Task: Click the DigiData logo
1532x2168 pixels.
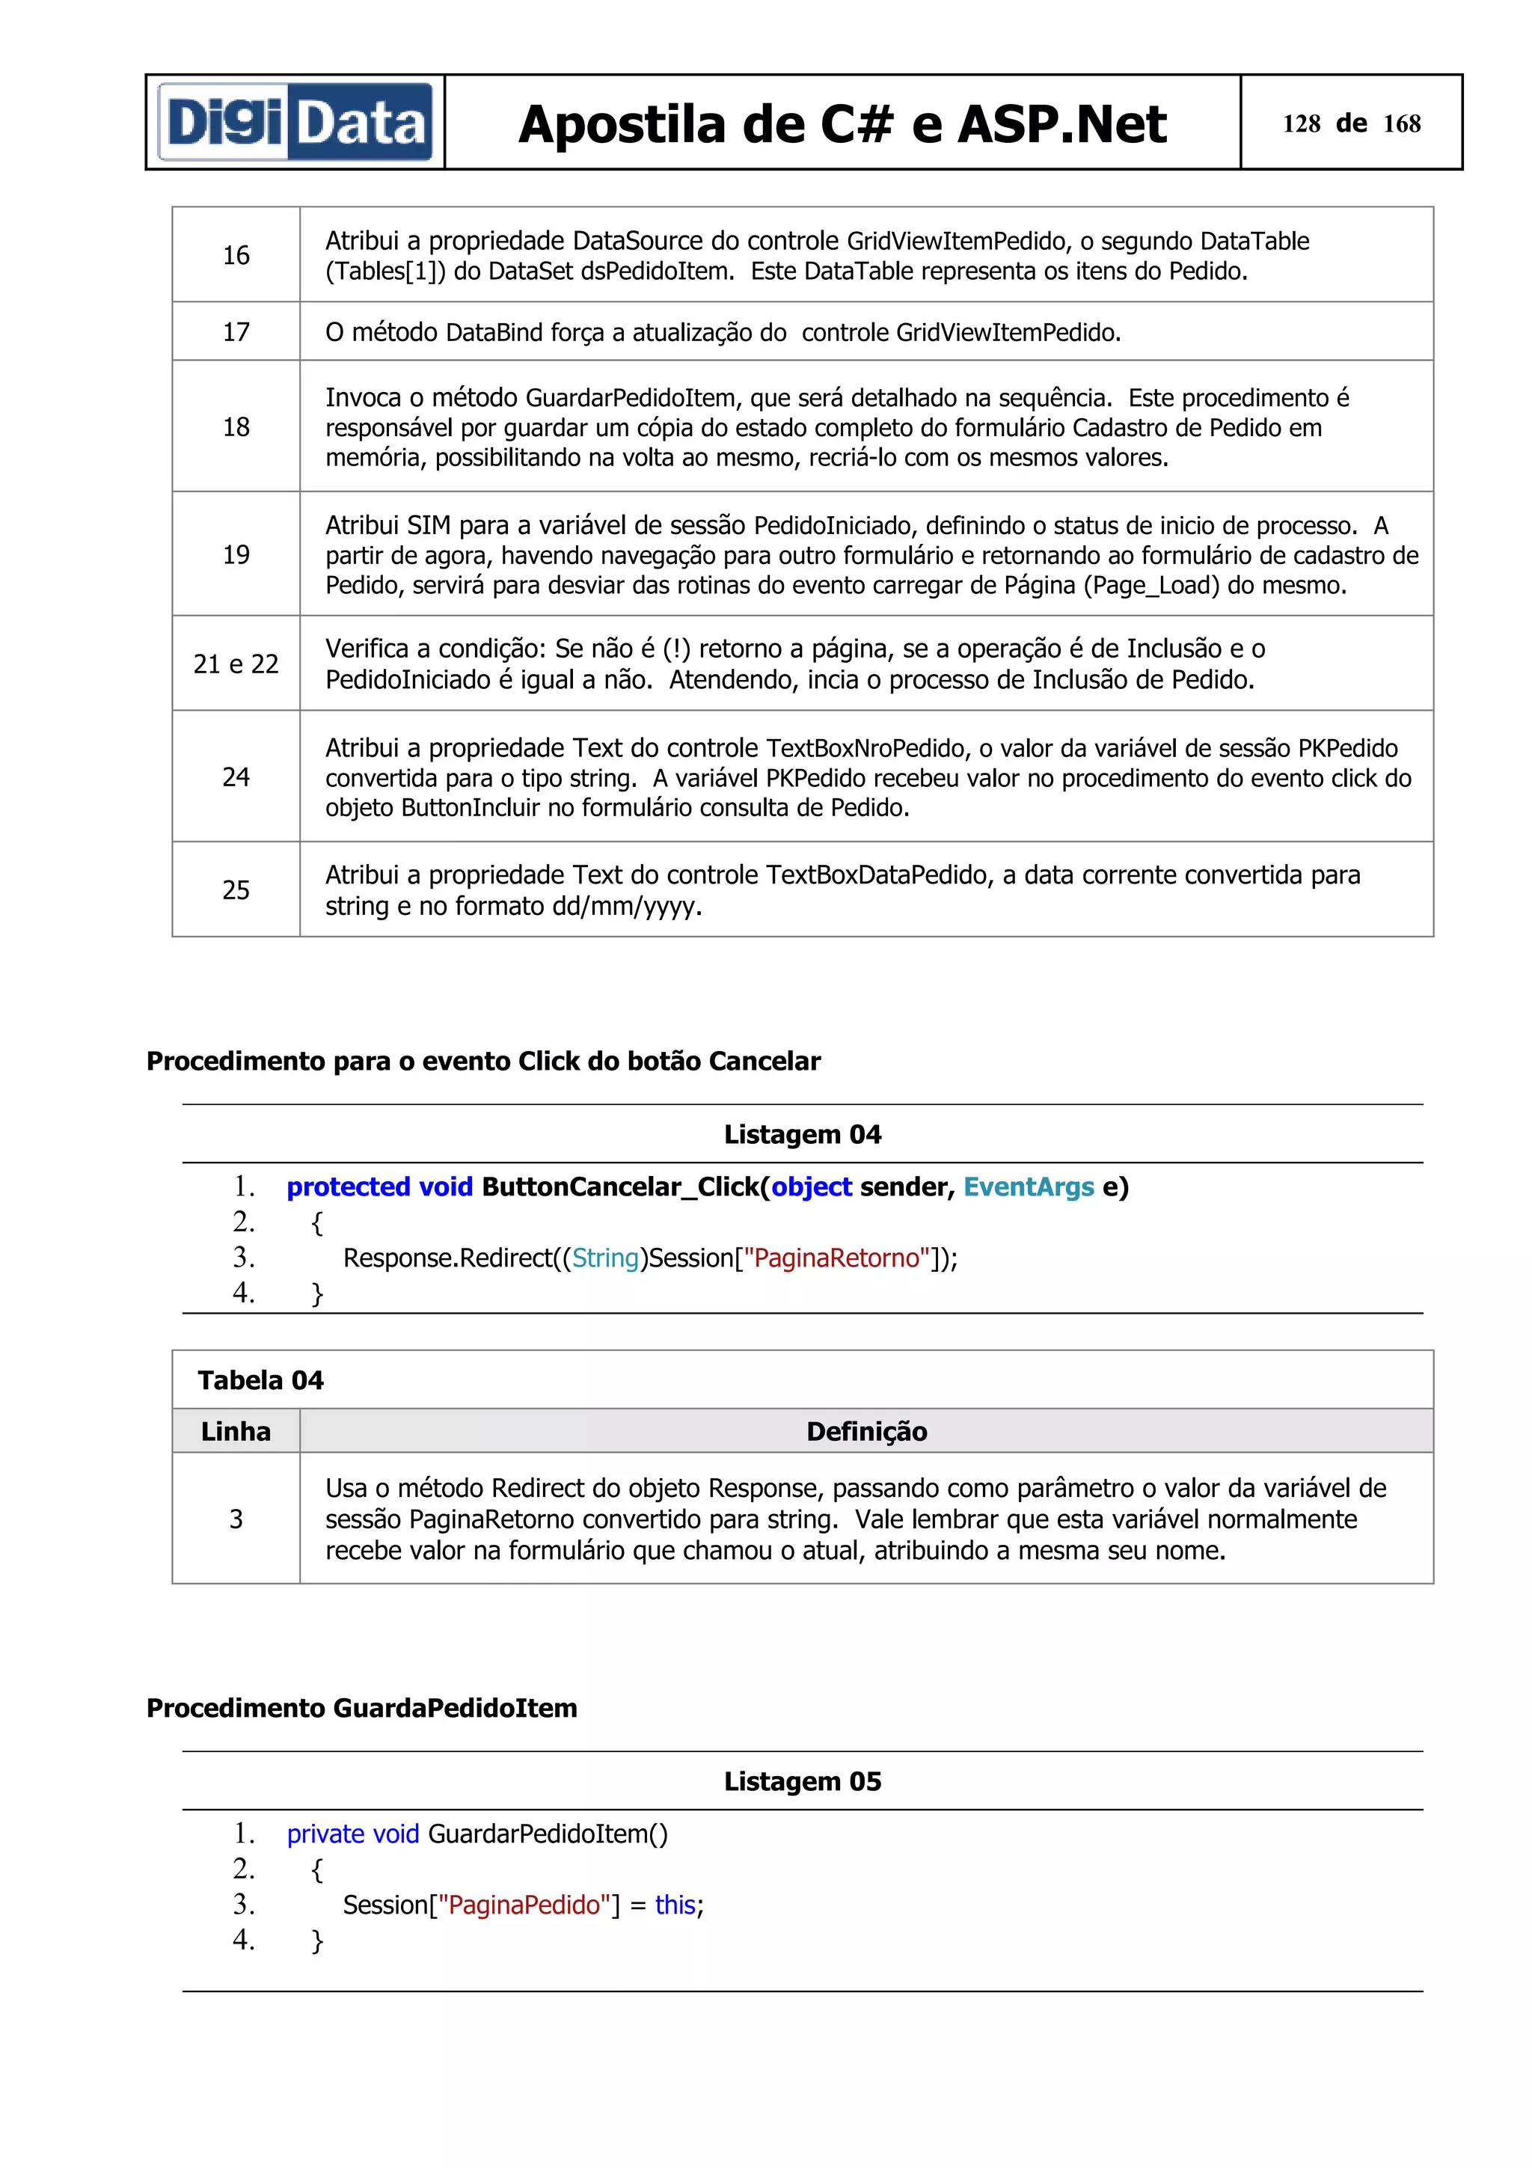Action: click(295, 123)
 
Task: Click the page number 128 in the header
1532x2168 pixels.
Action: click(1301, 123)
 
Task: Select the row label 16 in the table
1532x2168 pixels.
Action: click(236, 255)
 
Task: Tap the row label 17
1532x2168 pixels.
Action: click(236, 331)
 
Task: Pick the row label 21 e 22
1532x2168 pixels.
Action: click(236, 664)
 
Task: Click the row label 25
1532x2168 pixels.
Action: click(236, 889)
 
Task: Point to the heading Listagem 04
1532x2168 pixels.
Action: click(803, 1134)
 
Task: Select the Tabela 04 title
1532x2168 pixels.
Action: click(260, 1380)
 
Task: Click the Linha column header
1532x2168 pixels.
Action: click(236, 1431)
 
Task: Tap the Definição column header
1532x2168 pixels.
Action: click(866, 1431)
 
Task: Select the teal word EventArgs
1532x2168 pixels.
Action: click(1028, 1187)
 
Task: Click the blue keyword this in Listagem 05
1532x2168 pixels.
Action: click(675, 1905)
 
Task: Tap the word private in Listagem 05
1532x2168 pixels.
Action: click(325, 1834)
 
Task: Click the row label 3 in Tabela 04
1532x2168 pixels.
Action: click(236, 1519)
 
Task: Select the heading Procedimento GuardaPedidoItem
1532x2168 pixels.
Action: click(361, 1708)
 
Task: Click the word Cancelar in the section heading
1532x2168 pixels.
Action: click(765, 1062)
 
